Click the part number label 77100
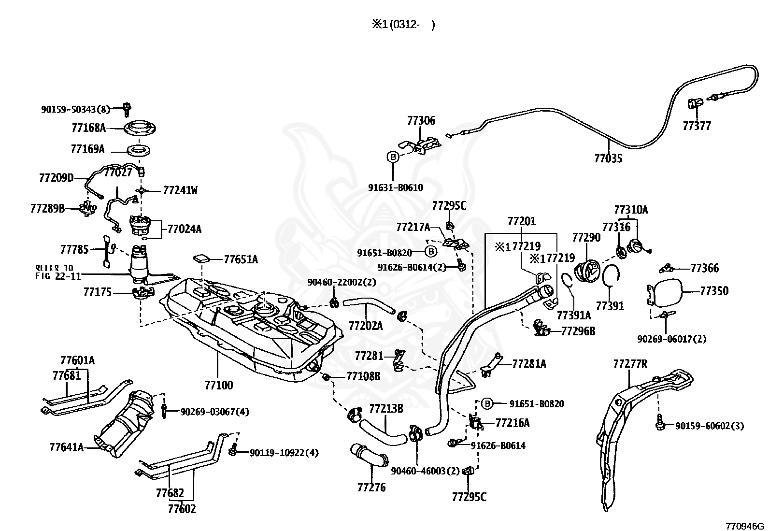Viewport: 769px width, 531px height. coord(219,385)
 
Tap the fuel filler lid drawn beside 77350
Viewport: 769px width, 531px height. coord(664,294)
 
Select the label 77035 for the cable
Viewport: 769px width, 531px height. coord(608,158)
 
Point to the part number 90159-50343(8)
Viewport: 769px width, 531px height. coord(75,110)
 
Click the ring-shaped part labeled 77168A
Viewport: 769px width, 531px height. coord(139,128)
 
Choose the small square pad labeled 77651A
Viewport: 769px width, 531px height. coord(202,258)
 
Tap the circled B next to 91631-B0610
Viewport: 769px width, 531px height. coord(393,157)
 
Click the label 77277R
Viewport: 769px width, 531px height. coord(630,364)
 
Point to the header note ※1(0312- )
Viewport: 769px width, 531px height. coord(403,25)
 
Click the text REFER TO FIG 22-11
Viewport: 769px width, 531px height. coord(57,272)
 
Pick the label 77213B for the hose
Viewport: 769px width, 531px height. coord(386,409)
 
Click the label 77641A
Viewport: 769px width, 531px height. coord(67,447)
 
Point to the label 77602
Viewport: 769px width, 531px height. coord(182,509)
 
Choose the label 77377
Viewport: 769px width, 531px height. coord(697,126)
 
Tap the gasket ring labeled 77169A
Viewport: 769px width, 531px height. coord(139,150)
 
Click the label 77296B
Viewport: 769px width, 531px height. coord(578,331)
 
